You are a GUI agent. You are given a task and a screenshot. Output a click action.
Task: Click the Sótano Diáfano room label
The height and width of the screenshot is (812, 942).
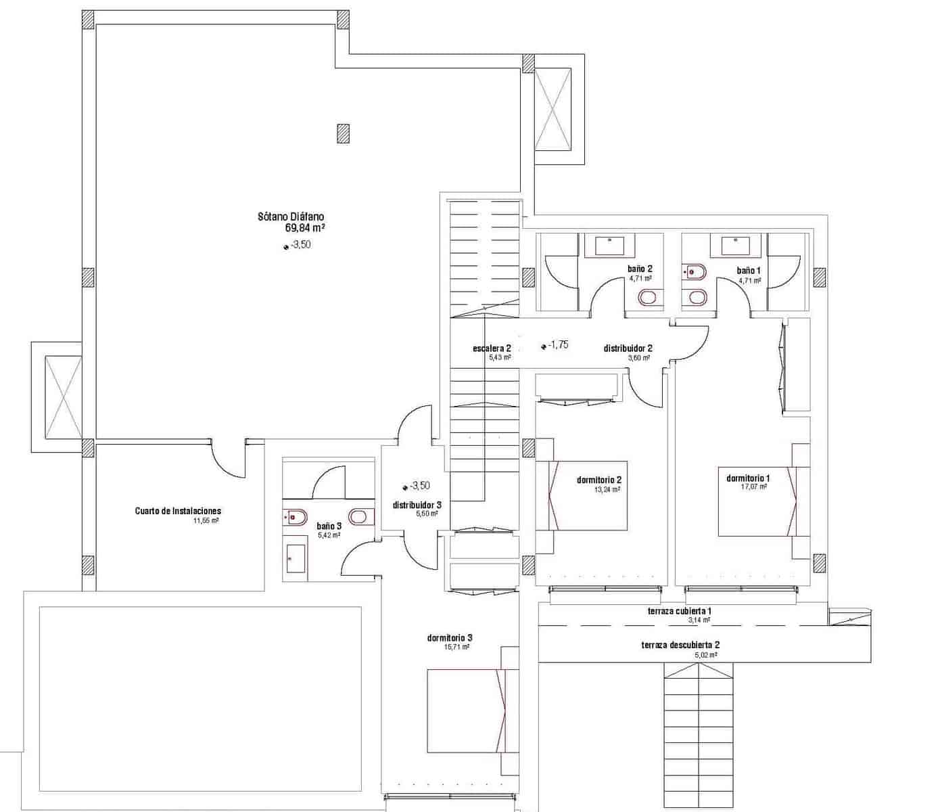(x=291, y=217)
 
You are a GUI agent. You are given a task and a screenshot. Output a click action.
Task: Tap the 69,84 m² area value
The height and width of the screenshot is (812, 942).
(x=305, y=228)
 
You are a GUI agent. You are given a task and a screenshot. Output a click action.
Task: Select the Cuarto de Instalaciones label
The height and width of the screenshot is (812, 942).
(x=178, y=511)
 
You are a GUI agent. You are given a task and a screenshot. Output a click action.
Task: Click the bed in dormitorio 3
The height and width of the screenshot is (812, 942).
(x=467, y=710)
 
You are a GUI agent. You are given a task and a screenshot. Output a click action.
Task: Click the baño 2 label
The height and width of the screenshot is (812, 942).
(x=640, y=269)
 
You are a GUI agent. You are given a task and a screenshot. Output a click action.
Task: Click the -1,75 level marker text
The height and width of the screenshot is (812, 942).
(x=558, y=344)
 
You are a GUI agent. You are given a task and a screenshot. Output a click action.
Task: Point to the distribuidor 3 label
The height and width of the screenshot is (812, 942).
(x=417, y=505)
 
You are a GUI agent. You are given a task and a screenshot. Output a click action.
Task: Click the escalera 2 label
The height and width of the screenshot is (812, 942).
(x=492, y=348)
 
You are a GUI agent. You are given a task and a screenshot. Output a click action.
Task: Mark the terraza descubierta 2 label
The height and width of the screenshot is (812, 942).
(x=680, y=645)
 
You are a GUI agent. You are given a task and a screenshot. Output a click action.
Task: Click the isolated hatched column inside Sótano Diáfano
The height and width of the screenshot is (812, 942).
(x=344, y=133)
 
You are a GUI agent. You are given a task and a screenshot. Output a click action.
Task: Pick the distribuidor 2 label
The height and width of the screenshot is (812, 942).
(x=628, y=348)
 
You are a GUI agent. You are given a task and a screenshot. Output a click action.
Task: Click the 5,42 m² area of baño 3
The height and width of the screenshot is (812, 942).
(x=329, y=535)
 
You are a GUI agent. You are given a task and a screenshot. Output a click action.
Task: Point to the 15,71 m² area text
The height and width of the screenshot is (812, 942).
(x=456, y=647)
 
